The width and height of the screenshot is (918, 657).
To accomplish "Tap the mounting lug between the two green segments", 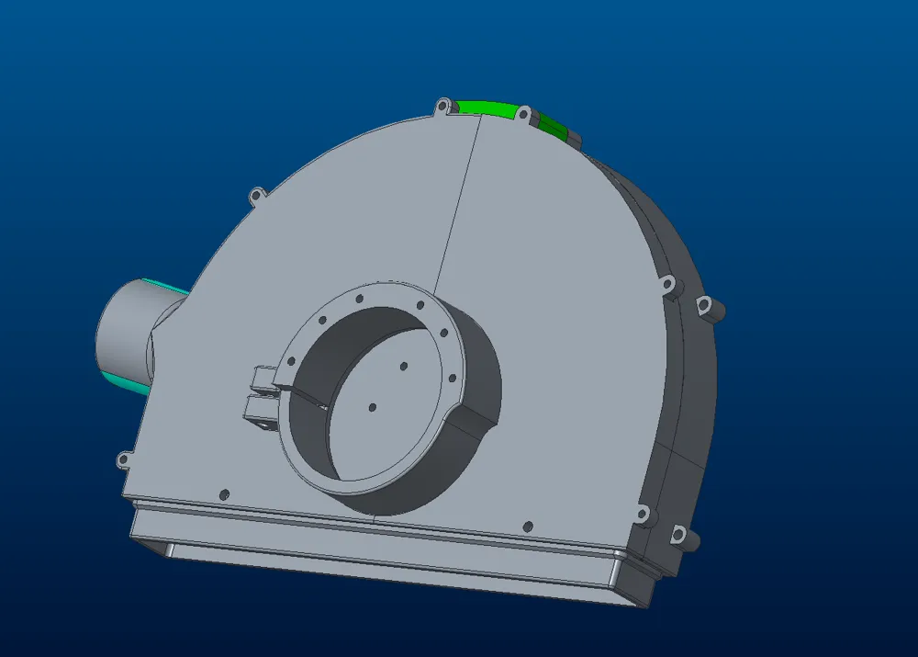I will pyautogui.click(x=523, y=114).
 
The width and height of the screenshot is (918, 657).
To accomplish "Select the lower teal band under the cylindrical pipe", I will pyautogui.click(x=124, y=382).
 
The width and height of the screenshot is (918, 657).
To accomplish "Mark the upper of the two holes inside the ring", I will pyautogui.click(x=403, y=366).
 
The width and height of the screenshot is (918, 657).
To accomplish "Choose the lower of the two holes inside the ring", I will pyautogui.click(x=372, y=406).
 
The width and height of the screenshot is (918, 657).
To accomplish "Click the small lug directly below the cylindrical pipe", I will pyautogui.click(x=122, y=460).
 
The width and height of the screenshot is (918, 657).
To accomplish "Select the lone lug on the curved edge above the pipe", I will pyautogui.click(x=255, y=195).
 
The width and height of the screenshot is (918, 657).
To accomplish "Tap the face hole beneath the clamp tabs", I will pyautogui.click(x=224, y=494).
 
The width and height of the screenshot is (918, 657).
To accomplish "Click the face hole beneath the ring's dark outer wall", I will pyautogui.click(x=527, y=527).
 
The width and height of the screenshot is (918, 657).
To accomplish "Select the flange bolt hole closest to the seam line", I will pyautogui.click(x=420, y=305).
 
